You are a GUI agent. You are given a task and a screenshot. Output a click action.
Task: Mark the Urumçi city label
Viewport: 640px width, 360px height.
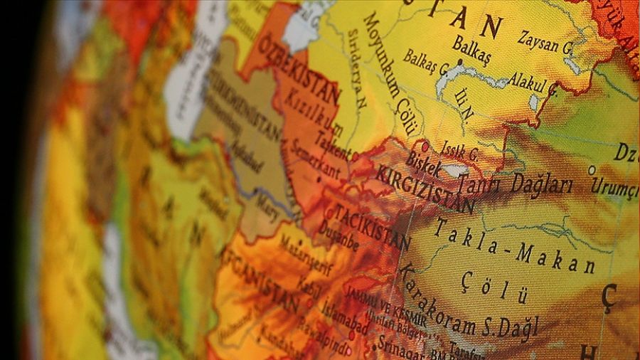[615, 189]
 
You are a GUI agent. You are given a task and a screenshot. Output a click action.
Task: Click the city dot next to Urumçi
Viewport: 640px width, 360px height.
[591, 170]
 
